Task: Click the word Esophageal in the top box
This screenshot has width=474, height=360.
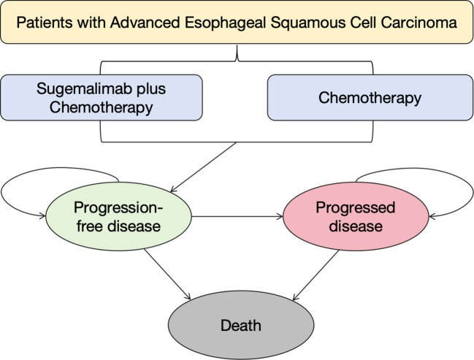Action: click(225, 23)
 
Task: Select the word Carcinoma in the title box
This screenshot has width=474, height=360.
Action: click(418, 23)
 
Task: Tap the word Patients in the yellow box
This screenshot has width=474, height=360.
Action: click(45, 23)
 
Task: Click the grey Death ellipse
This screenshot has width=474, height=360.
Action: click(241, 325)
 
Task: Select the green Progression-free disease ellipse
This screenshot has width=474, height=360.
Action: click(118, 216)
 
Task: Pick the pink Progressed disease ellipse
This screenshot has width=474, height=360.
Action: click(356, 216)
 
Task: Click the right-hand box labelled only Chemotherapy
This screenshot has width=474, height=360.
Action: click(370, 98)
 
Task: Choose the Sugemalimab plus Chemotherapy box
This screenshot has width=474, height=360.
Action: click(102, 98)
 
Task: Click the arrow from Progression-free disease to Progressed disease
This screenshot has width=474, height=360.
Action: click(237, 216)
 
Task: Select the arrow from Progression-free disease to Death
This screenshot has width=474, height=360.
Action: click(167, 274)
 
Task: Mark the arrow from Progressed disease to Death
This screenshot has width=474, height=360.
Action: click(316, 275)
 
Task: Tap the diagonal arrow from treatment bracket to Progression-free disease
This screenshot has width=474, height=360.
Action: click(203, 167)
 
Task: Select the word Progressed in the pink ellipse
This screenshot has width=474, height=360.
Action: click(356, 207)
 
